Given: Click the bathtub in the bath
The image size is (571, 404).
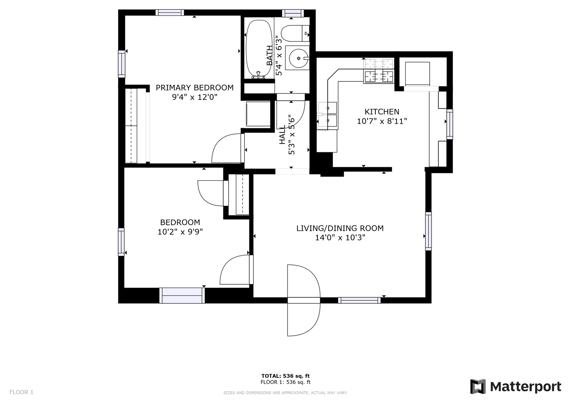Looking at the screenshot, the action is pos(259,49).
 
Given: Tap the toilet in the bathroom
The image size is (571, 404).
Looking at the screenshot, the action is pos(295,33).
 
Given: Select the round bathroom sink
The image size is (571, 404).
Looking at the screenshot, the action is pos(298,58).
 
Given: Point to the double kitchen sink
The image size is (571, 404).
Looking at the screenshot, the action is pos(327,115).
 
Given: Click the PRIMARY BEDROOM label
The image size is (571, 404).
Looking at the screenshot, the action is pos(194,88).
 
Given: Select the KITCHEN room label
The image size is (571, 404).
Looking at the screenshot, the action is pos(382,112).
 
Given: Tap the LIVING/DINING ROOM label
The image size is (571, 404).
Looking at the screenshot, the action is pos(340,228).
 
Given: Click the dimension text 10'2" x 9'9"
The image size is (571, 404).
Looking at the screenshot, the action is pos(180,232).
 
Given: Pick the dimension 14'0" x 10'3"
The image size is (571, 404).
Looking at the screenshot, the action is pos(340,238).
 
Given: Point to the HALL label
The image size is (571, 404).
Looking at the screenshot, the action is pos(282,135).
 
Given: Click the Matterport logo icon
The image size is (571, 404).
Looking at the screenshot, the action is pos(478,386).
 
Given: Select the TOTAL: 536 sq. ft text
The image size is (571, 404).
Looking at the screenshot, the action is pos(286,376).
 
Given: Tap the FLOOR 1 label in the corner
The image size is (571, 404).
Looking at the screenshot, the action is pos(21,392).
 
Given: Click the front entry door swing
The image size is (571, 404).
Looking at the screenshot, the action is pos(304,300).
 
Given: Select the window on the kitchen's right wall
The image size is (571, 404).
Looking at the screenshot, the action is pos(450,124).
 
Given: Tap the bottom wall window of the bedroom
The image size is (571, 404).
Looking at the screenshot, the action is pos(182,296).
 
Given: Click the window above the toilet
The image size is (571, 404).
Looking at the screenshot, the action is pos(293,13).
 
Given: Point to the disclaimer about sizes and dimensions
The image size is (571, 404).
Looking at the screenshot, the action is pos(286,393).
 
